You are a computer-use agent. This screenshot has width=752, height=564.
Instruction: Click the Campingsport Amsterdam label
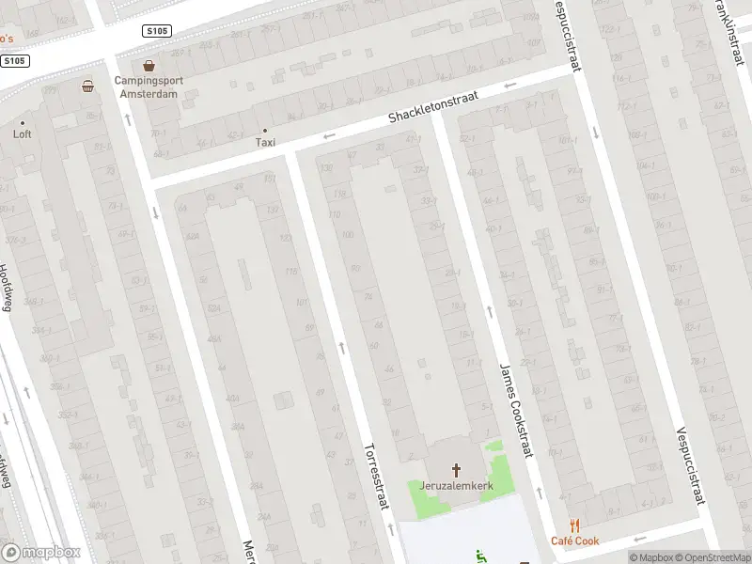149,86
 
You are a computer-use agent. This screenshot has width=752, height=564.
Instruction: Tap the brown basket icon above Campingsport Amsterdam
149,66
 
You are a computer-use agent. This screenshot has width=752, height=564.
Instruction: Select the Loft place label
23,134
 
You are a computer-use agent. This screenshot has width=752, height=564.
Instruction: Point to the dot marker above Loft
23,122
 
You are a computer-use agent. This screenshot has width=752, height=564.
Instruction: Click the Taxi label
265,143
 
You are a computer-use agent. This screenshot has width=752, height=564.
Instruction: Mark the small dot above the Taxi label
265,131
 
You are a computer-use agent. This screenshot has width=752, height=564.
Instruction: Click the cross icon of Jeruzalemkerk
458,469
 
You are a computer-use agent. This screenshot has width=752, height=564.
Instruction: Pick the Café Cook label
574,541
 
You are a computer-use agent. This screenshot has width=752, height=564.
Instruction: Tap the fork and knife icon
574,526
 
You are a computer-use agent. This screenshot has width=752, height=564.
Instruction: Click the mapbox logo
41,553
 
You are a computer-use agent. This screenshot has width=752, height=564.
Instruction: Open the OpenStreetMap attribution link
710,557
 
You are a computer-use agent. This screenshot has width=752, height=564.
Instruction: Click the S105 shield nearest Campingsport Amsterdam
157,31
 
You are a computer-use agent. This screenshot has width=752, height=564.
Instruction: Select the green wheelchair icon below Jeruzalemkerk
482,556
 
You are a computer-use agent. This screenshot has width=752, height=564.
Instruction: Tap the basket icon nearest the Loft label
87,86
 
